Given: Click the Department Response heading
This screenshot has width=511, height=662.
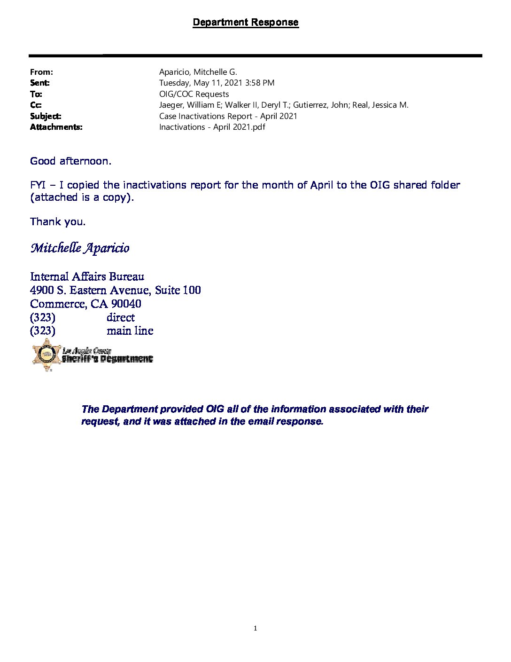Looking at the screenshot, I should pos(245,22).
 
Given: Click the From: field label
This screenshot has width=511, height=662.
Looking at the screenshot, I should pos(41,72).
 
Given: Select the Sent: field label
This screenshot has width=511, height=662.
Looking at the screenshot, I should pos(40,83).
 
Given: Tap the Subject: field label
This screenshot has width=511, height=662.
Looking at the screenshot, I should pos(46,116).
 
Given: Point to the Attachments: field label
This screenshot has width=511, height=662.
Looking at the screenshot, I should pos(56,127).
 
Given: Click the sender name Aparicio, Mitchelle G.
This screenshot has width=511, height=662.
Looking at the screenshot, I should pos(198,72).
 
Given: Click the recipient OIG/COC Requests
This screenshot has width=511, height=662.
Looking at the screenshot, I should pos(194,94).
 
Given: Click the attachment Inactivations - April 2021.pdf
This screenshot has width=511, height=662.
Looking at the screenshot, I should pos(212,127).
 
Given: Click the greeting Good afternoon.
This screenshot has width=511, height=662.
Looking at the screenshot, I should pos(70,161).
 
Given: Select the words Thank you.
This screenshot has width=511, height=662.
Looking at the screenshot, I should pos(58,221).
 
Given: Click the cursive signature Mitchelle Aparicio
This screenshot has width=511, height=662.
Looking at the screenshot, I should pos(80,248).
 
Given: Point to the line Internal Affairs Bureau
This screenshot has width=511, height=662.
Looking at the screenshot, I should pos(87,276).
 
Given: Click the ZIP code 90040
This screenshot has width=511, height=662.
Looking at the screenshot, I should pos(126,304).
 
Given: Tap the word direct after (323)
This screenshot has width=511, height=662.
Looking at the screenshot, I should pos(120,317).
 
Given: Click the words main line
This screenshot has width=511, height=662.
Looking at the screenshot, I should pos(130,331).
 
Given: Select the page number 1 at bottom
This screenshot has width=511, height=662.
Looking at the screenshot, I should pos(255,628).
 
